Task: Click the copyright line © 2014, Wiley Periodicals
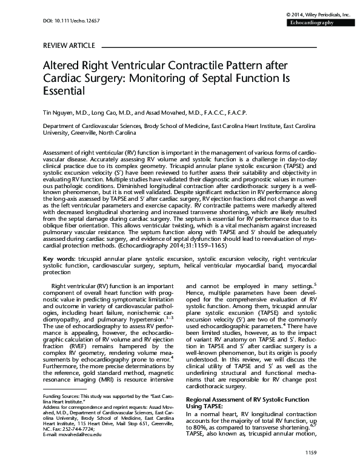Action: tap(318, 13)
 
